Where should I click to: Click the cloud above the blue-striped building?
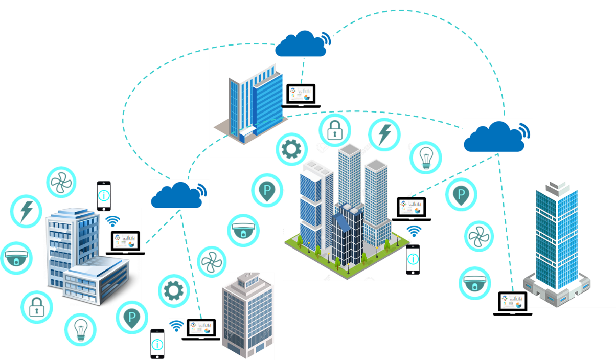click(302, 43)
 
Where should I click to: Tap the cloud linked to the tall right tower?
click(495, 136)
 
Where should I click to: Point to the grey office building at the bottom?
click(247, 316)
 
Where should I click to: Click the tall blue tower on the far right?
click(557, 240)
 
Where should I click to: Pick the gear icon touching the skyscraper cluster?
click(291, 149)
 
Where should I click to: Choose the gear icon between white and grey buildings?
click(173, 291)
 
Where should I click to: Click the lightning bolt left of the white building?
click(26, 210)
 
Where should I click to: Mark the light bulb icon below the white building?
click(80, 329)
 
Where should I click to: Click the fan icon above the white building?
click(61, 183)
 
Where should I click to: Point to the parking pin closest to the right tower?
click(461, 195)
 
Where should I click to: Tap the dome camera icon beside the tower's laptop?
click(474, 283)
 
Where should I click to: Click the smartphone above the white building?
click(104, 196)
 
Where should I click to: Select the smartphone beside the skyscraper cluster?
click(413, 259)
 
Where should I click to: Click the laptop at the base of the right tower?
click(512, 301)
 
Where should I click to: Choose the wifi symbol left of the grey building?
click(177, 326)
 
